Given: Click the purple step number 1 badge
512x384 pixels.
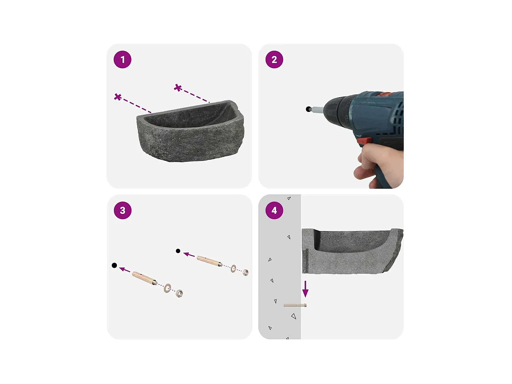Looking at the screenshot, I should [x=123, y=60].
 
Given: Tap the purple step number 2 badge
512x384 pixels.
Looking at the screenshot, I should [x=274, y=60].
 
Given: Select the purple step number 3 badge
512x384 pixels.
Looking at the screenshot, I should [x=123, y=210].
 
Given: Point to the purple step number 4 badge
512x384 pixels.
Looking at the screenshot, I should [x=274, y=210].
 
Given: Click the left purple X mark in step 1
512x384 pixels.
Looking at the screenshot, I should [x=118, y=97].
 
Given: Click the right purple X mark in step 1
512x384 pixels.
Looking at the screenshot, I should [x=177, y=88].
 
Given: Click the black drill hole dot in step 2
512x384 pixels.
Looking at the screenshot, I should [x=309, y=109].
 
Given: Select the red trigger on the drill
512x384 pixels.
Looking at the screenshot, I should [x=365, y=141].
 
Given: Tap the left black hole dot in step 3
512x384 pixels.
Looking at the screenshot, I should [x=114, y=265].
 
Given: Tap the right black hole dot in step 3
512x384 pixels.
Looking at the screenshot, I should [x=178, y=251].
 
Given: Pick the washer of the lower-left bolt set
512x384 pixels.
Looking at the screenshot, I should [x=167, y=288].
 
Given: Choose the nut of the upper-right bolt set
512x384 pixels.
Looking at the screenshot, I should [x=245, y=272].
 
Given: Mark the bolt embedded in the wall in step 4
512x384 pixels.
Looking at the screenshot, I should [x=295, y=305].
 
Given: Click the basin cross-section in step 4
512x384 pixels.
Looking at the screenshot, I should [x=352, y=253].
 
